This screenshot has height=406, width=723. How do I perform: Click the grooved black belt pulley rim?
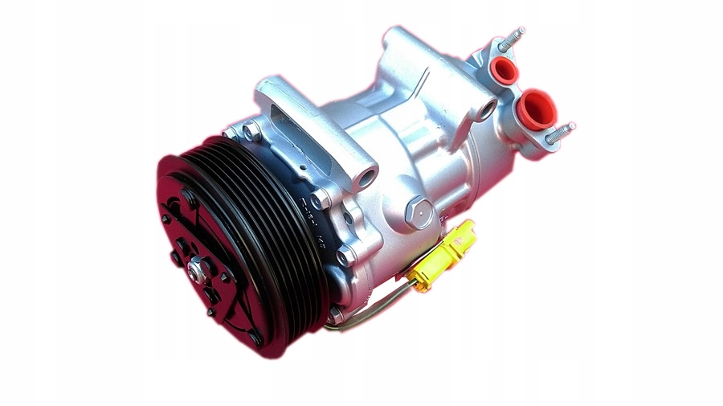pyautogui.click(x=265, y=241)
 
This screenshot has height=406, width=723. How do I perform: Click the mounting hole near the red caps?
pyautogui.click(x=485, y=111)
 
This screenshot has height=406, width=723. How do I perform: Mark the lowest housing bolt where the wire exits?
pyautogui.click(x=336, y=315)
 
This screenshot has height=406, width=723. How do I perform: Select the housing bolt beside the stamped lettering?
pyautogui.click(x=321, y=196)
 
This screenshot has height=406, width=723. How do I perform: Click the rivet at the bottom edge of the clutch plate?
pyautogui.click(x=255, y=338)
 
